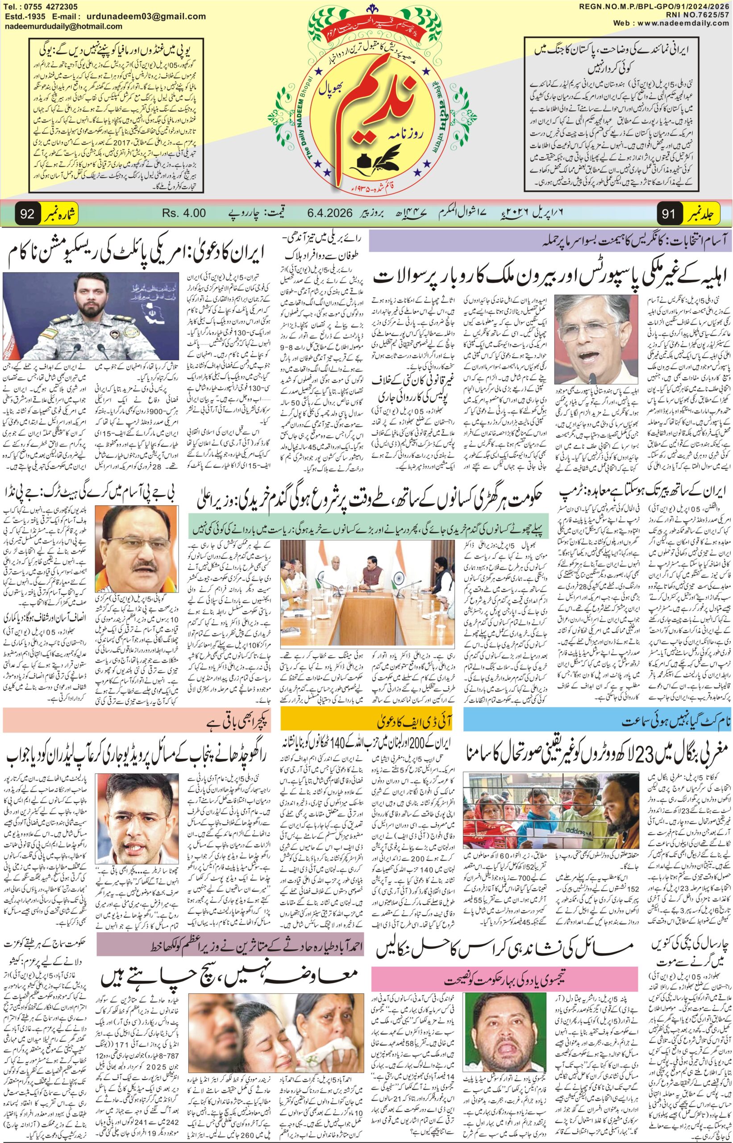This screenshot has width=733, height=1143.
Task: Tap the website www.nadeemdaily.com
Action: click(685, 23)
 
